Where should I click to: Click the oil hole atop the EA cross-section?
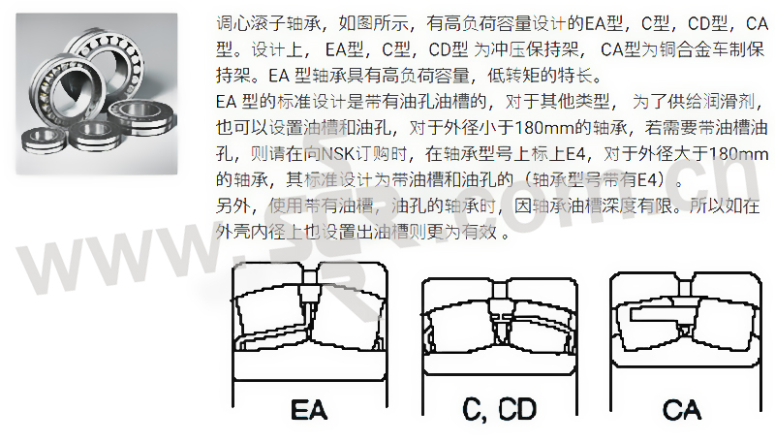310,282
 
